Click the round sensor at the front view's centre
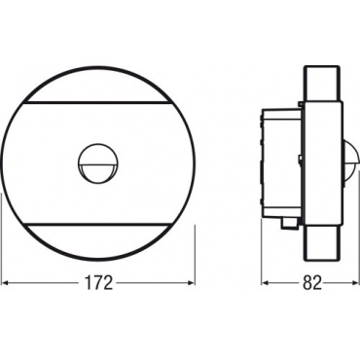pos(98,162)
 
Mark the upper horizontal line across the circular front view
pos(98,103)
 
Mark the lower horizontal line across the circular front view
pos(98,224)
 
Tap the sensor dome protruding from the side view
pos(351,162)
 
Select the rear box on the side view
pos(281,163)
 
